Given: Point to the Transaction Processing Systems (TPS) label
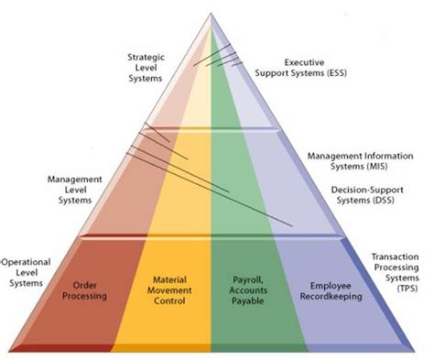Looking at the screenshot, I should pyautogui.click(x=401, y=273).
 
